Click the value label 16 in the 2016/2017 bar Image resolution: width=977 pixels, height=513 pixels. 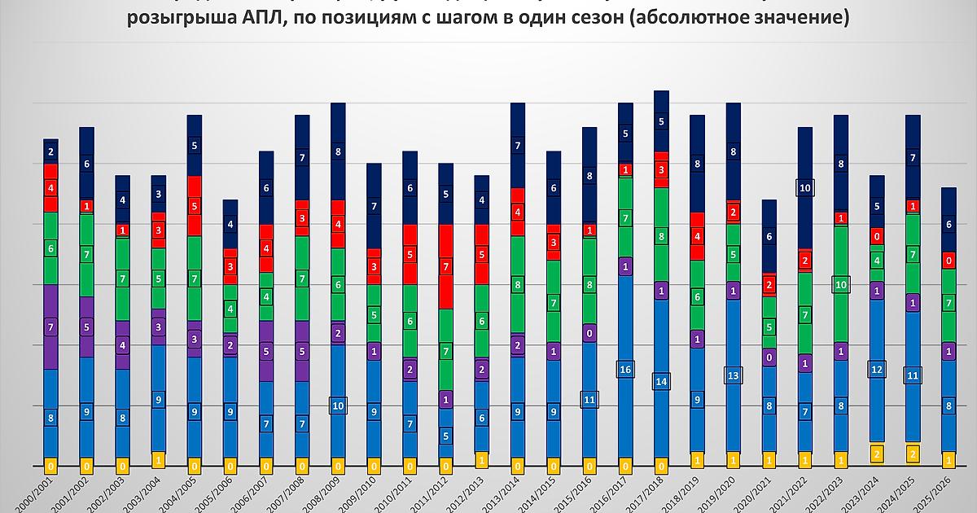(625, 370)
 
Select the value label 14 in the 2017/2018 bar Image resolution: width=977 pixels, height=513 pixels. (661, 381)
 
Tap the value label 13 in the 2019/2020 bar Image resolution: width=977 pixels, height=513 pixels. (733, 375)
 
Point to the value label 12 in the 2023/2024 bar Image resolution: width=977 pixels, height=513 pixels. (877, 370)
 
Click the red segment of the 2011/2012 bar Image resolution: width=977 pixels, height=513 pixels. (445, 266)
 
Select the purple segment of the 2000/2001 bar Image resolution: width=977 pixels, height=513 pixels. (50, 326)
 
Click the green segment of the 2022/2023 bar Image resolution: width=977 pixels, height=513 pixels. (841, 283)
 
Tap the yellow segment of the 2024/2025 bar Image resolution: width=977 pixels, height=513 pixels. (913, 453)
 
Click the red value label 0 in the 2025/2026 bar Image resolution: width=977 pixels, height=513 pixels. (949, 261)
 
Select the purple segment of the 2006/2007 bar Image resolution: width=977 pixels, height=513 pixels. (266, 351)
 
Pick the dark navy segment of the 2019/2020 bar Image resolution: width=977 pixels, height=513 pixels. (733, 151)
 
